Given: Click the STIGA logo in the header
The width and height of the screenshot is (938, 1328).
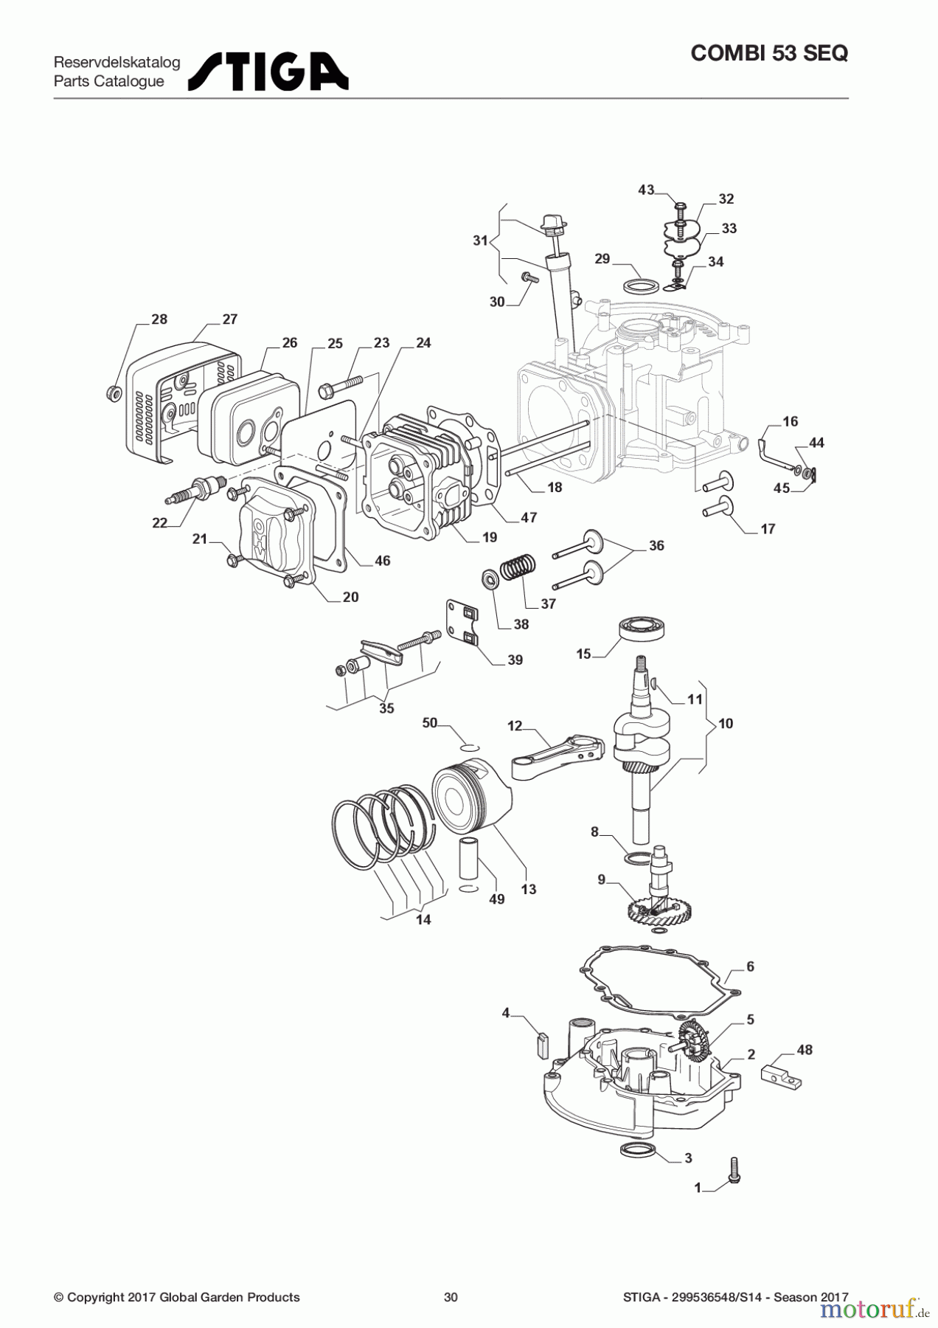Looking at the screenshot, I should [268, 72].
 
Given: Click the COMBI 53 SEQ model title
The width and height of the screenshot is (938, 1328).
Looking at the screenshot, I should [768, 53].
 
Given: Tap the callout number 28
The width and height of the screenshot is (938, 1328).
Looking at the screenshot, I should [159, 319].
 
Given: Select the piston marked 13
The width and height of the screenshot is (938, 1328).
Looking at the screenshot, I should [472, 799].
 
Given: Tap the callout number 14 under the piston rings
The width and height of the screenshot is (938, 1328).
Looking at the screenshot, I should [423, 920].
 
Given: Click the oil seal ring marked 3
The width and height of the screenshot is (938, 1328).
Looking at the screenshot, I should [638, 1149].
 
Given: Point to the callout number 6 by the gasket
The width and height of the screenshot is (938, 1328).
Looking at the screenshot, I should [750, 966].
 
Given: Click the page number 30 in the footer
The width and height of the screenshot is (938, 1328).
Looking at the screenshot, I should [451, 1297].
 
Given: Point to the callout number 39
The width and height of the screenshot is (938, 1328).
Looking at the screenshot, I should [515, 660].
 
